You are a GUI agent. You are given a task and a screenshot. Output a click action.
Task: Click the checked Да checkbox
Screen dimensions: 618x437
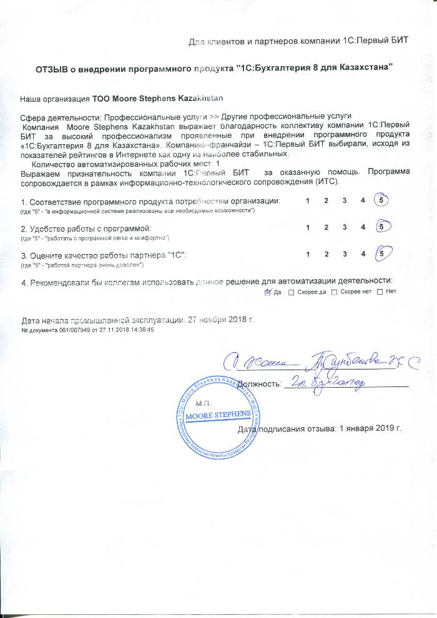point(268,292)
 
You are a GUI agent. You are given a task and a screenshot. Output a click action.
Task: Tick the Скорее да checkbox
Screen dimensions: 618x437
point(292,292)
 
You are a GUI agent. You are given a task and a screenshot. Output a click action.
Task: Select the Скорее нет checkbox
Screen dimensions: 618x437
point(334,292)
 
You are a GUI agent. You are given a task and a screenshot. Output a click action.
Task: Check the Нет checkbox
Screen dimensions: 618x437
point(380,292)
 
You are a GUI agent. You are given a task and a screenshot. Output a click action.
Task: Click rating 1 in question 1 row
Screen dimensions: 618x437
point(308,201)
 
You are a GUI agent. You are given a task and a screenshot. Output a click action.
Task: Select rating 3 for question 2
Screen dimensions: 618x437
point(344,227)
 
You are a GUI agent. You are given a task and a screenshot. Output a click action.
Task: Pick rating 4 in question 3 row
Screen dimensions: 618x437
point(362,254)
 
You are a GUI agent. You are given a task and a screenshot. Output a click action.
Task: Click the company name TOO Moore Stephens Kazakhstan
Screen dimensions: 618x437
point(158,99)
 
